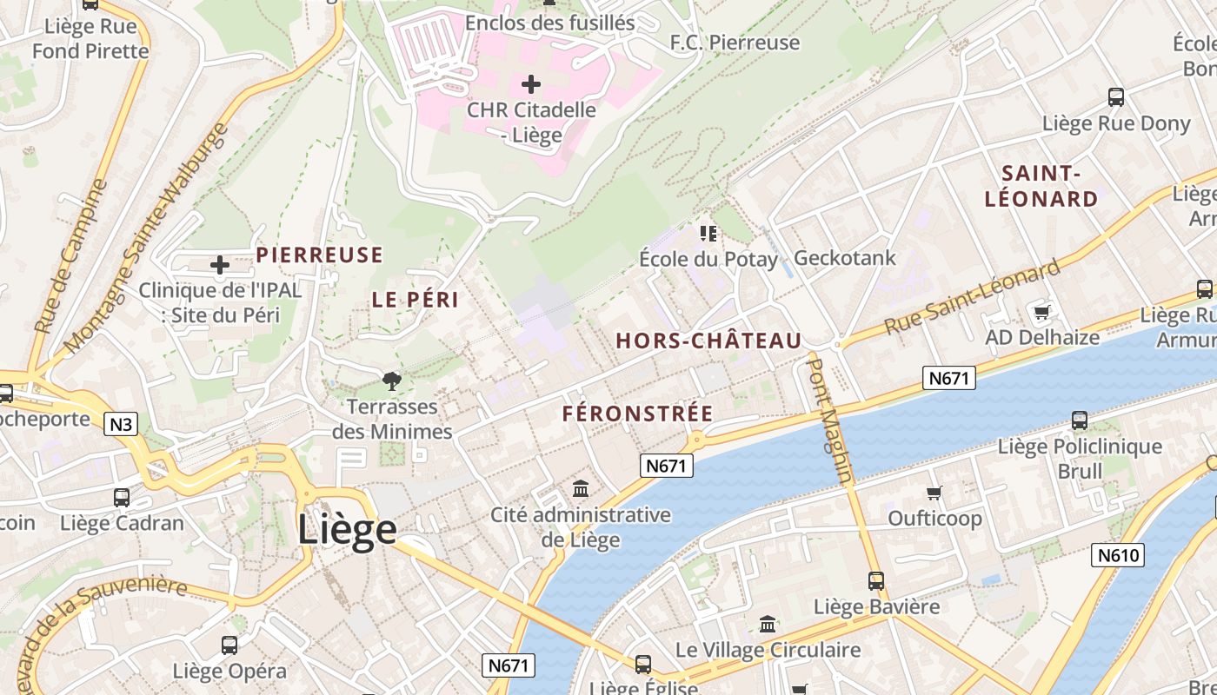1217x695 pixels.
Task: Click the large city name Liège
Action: tap(347, 529)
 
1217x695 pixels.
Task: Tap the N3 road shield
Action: tap(121, 424)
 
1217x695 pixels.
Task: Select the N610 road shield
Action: tap(1117, 554)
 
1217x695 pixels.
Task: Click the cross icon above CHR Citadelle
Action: tap(530, 84)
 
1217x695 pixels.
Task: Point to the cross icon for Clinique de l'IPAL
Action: tap(220, 264)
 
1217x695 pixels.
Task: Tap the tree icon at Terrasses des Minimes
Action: tap(392, 381)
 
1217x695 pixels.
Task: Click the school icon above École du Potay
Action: tap(708, 233)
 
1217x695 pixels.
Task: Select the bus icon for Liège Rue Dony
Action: tap(1115, 97)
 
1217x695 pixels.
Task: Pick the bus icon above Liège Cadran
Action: tap(122, 498)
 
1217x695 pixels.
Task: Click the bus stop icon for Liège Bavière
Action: tap(876, 580)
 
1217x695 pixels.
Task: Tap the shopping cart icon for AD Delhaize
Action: tap(1041, 311)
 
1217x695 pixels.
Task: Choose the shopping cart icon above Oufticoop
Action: tap(934, 493)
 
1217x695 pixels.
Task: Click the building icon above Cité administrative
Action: tap(581, 489)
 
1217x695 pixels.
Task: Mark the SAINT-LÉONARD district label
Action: tap(1041, 186)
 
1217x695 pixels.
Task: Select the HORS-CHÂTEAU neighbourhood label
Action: tap(708, 341)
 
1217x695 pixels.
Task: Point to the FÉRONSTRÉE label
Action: tap(637, 414)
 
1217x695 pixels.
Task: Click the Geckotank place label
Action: tap(844, 258)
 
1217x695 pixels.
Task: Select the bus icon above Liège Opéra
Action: tap(229, 645)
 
